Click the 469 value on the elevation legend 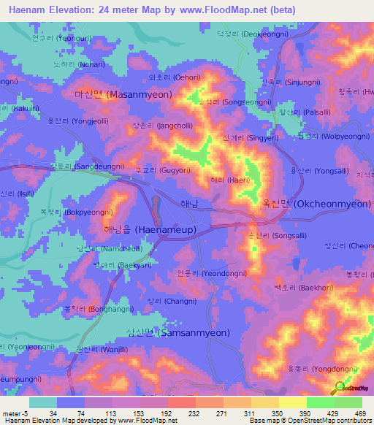pos(359,413)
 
